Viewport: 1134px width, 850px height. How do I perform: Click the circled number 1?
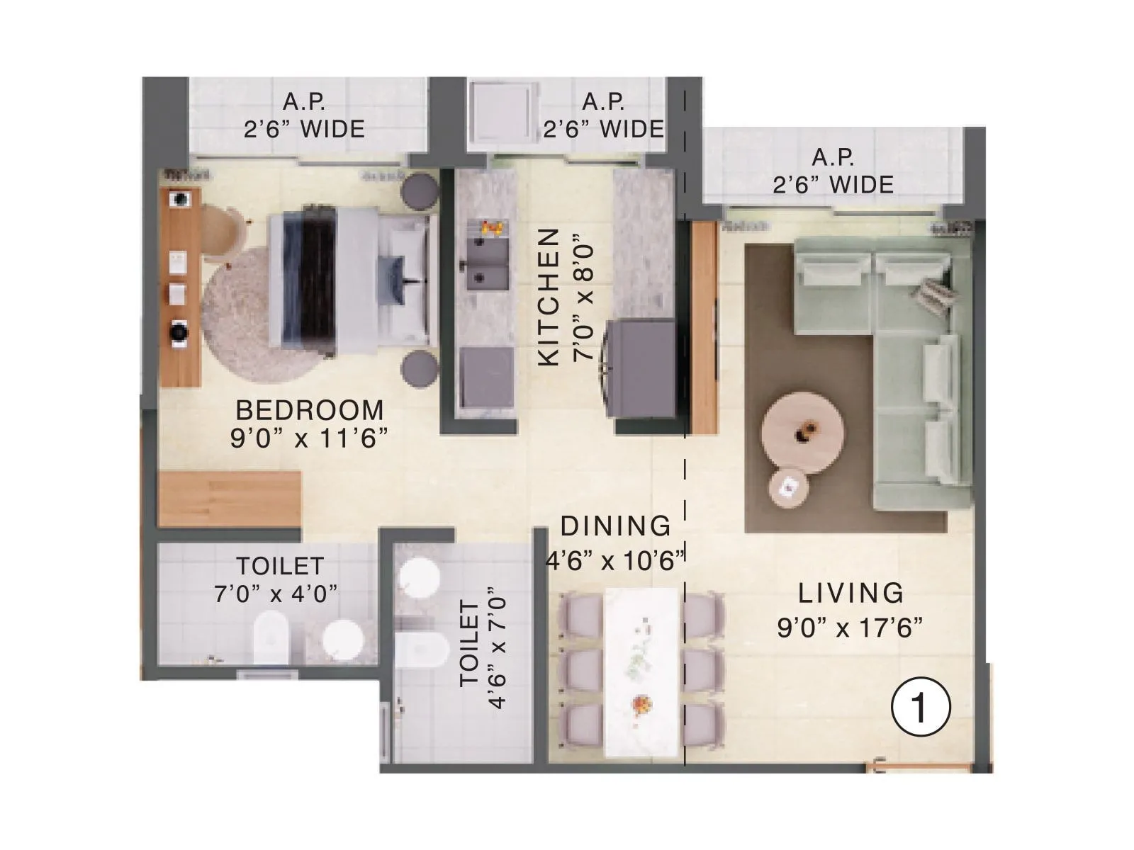pyautogui.click(x=919, y=708)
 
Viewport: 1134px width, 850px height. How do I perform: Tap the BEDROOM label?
pyautogui.click(x=310, y=410)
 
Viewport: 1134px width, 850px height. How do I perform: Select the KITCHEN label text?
pyautogui.click(x=549, y=297)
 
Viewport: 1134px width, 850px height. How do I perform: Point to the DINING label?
pyautogui.click(x=615, y=526)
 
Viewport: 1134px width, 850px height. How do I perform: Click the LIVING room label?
pyautogui.click(x=850, y=593)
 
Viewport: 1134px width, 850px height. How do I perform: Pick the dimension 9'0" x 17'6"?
pyautogui.click(x=850, y=628)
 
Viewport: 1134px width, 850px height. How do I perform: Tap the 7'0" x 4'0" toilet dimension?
pyautogui.click(x=276, y=594)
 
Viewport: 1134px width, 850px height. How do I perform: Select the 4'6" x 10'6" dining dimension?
pyautogui.click(x=615, y=561)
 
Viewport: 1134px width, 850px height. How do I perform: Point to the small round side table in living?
pyautogui.click(x=788, y=487)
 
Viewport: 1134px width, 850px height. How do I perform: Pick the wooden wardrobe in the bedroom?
pyautogui.click(x=228, y=499)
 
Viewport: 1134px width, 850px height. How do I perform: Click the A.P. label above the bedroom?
pyautogui.click(x=304, y=102)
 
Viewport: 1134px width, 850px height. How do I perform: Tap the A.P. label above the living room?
pyautogui.click(x=833, y=157)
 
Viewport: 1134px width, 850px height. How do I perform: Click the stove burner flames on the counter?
pyautogui.click(x=490, y=227)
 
